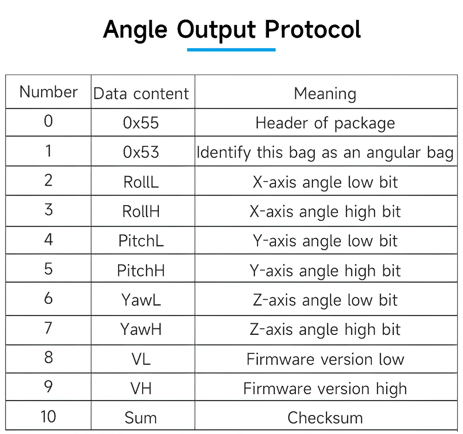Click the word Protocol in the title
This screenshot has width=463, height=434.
tap(313, 30)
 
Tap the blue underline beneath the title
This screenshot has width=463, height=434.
tap(231, 50)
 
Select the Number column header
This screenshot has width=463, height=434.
tap(49, 92)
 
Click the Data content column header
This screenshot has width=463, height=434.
tap(141, 94)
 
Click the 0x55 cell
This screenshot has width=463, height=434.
tap(141, 123)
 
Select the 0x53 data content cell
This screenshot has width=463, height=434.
tap(141, 152)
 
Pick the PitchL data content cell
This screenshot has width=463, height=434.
tap(141, 241)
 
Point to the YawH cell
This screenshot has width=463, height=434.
tap(141, 329)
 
